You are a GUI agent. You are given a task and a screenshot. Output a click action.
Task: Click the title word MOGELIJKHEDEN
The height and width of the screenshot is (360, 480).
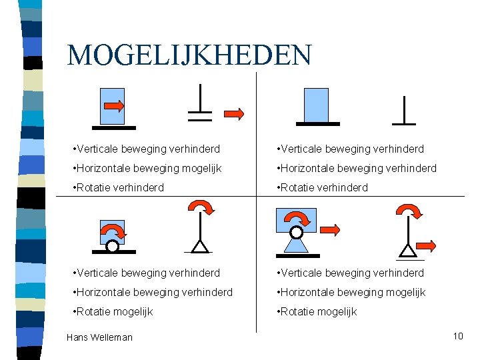pyautogui.click(x=189, y=55)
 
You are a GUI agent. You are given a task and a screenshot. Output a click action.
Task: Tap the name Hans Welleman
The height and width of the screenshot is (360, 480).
pyautogui.click(x=99, y=337)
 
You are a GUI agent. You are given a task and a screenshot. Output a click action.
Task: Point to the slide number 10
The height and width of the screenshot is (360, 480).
pyautogui.click(x=457, y=336)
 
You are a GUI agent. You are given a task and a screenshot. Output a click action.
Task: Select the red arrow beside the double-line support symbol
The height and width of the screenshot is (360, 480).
pyautogui.click(x=233, y=113)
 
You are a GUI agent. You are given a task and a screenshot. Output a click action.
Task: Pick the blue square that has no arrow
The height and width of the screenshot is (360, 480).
pyautogui.click(x=316, y=105)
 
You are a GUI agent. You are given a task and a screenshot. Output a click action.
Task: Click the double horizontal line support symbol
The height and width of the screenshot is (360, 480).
pyautogui.click(x=200, y=116)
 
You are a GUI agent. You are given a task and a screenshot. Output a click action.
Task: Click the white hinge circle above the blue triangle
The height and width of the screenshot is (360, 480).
pyautogui.click(x=296, y=233)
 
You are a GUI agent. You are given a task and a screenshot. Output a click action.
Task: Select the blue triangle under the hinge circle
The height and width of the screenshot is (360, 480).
pyautogui.click(x=296, y=245)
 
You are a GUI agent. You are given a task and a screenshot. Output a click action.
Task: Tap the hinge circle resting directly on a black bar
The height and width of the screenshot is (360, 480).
pyautogui.click(x=113, y=246)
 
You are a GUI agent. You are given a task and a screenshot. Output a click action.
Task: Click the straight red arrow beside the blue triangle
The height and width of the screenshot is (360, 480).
pyautogui.click(x=331, y=231)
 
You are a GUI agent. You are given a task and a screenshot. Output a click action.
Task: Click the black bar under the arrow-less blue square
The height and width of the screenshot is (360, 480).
pyautogui.click(x=317, y=124)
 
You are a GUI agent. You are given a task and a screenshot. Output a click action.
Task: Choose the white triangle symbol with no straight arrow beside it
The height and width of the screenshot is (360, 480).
pyautogui.click(x=199, y=246)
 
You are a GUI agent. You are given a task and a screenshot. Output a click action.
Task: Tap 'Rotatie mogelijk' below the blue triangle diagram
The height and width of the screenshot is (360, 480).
pyautogui.click(x=317, y=311)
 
